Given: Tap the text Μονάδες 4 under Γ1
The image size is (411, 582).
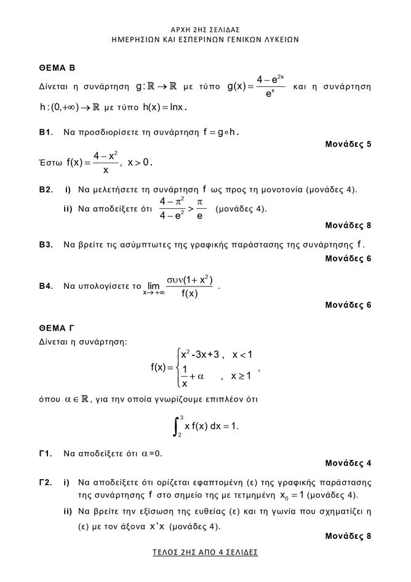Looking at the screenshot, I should click(348, 464).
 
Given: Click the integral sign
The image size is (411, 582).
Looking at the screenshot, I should click(177, 426).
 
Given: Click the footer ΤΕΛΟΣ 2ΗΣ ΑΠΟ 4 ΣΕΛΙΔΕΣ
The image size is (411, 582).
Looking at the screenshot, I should click(205, 552).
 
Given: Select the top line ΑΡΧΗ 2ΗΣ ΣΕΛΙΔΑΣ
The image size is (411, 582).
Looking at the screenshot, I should click(205, 29).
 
